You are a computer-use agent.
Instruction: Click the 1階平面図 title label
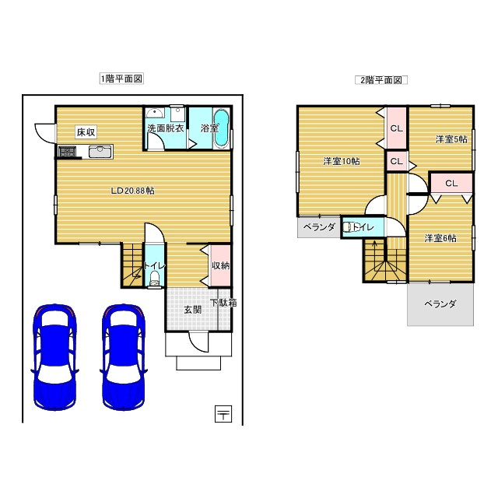[x=121, y=79]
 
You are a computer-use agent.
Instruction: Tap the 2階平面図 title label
[x=381, y=80]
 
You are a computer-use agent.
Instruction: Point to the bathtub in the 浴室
[x=221, y=128]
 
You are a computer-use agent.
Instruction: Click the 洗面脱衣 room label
[x=166, y=128]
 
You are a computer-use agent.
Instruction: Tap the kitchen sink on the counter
[x=100, y=152]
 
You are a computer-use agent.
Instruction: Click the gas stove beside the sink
[x=68, y=151]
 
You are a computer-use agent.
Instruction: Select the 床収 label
[x=86, y=132]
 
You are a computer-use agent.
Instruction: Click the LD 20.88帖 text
[x=132, y=191]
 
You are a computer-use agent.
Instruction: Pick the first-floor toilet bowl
[x=155, y=279]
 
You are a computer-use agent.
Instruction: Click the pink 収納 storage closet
[x=221, y=265]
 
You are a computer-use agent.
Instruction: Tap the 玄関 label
[x=193, y=310]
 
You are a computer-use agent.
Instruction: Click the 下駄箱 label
[x=223, y=303]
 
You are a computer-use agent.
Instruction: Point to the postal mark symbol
[x=223, y=414]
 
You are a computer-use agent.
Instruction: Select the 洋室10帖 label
[x=342, y=161]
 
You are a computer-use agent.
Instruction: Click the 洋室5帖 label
[x=451, y=139]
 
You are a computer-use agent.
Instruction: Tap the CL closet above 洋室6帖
[x=451, y=184]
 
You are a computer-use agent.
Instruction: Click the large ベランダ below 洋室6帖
[x=440, y=304]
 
